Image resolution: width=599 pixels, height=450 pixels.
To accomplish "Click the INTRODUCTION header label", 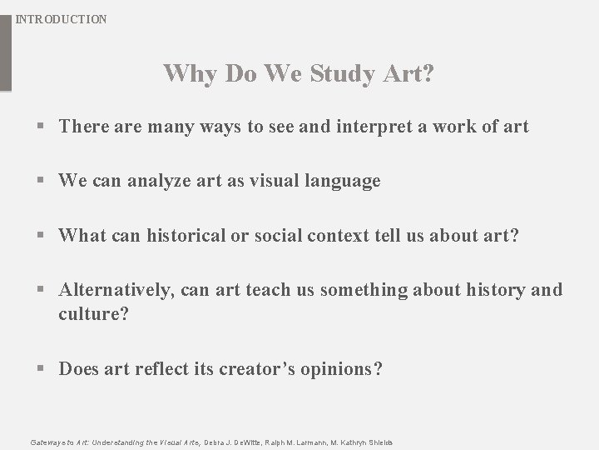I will coord(62,18).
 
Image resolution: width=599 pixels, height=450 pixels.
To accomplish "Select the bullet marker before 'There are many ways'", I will coord(42,127).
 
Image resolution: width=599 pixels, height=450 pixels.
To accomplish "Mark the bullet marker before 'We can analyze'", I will coord(42,182).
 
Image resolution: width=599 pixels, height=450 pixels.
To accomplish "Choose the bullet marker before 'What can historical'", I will coord(42,237).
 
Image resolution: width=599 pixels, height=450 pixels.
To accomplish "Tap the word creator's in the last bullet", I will coord(255,369).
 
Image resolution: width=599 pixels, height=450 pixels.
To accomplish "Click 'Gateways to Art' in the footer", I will coord(58,442).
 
